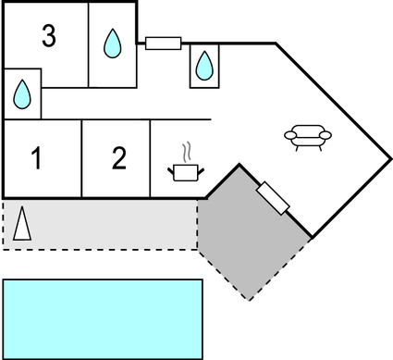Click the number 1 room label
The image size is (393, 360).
(37, 159)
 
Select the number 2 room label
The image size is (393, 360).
(118, 159)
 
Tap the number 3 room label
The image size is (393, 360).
(49, 37)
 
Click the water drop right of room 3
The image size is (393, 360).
(112, 43)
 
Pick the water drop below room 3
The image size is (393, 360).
(23, 93)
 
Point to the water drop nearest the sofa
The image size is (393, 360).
(203, 66)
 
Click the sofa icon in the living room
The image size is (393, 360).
(308, 137)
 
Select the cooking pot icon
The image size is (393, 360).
(185, 171)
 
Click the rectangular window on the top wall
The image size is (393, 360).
(164, 42)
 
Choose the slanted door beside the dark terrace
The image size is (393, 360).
(275, 198)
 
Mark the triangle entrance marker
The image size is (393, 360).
(25, 225)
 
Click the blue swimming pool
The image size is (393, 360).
(103, 317)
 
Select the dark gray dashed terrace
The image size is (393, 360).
(250, 236)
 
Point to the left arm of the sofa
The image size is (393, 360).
(289, 136)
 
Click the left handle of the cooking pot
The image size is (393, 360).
(172, 168)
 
